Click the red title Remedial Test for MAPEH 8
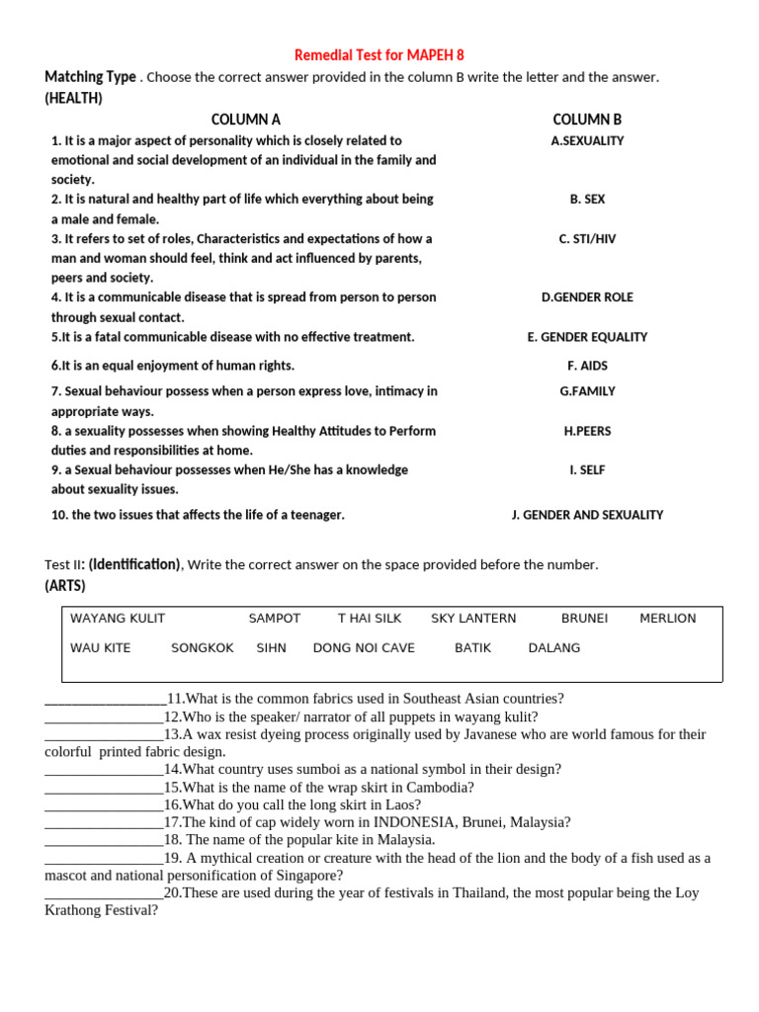[x=379, y=55]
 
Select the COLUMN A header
[x=245, y=120]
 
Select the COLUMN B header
[x=587, y=120]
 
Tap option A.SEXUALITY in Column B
[x=587, y=140]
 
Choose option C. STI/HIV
[x=587, y=239]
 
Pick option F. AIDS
[x=587, y=366]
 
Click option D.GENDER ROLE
[x=587, y=297]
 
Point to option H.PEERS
[x=587, y=431]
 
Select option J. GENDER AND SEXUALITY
[x=587, y=515]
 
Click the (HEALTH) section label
[x=73, y=98]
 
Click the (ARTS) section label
[x=65, y=586]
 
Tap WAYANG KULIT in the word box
[x=118, y=619]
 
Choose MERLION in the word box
[x=667, y=619]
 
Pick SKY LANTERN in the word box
[x=473, y=619]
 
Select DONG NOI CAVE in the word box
[x=364, y=648]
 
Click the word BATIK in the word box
[x=472, y=648]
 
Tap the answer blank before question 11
[x=105, y=699]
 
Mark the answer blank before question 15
[x=104, y=788]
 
